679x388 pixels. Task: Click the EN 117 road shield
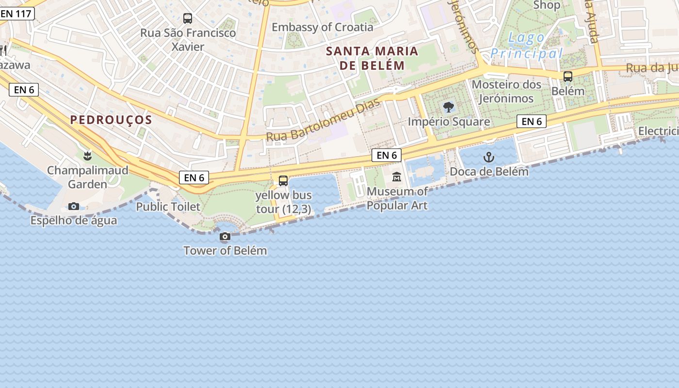(17, 14)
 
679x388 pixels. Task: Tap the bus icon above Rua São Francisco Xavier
(188, 18)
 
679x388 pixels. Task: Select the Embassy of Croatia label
(323, 27)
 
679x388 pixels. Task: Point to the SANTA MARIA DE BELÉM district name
(372, 58)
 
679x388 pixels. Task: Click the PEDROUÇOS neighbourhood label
(111, 120)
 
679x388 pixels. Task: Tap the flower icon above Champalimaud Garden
(87, 156)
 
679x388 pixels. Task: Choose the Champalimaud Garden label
(87, 177)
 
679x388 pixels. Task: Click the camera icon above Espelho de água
(74, 207)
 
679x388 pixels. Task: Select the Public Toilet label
(168, 207)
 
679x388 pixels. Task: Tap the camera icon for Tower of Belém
(225, 237)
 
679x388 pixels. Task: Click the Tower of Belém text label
(225, 251)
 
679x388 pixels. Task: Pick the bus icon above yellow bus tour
(283, 181)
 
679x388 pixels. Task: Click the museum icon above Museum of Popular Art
(397, 177)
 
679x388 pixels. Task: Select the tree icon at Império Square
(449, 107)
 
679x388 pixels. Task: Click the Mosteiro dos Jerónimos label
(506, 91)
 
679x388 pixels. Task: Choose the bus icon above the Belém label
(567, 77)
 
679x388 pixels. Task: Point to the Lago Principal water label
(526, 46)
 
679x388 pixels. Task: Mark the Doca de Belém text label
(489, 171)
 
